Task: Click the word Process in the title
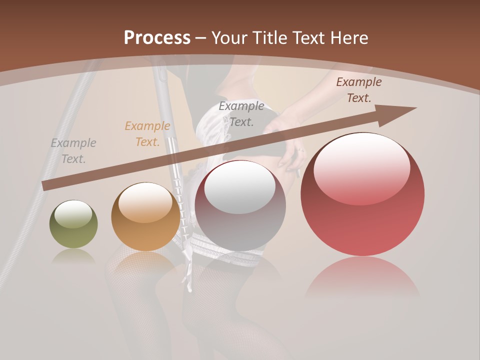(157, 38)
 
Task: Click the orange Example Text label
(147, 134)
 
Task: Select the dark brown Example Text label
(359, 90)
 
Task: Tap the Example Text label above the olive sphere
(73, 150)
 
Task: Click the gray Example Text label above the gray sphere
(241, 113)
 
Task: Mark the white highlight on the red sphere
(362, 167)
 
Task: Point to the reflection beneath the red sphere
(362, 277)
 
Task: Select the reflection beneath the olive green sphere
(73, 256)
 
